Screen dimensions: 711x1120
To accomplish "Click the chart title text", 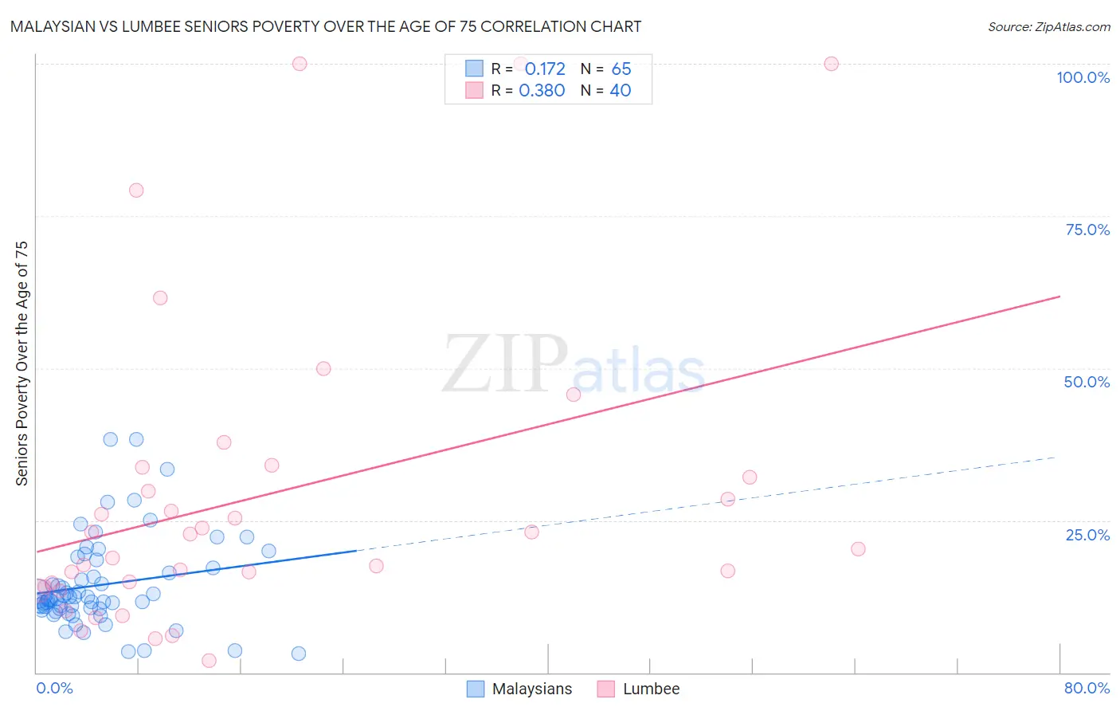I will [326, 26].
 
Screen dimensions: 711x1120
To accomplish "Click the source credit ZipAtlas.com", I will [1048, 26].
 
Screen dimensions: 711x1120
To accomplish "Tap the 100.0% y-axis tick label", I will [1083, 77].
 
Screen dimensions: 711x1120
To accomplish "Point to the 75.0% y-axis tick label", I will [1087, 230].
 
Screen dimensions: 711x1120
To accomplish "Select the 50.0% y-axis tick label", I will [1087, 382].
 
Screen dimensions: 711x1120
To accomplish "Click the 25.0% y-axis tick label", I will [1087, 535].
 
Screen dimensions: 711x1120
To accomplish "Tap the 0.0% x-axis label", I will [54, 688].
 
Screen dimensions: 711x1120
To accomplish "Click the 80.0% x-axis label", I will [1087, 688].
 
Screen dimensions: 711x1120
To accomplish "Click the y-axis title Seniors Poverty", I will [22, 363].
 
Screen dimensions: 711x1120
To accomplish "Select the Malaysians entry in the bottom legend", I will [531, 689].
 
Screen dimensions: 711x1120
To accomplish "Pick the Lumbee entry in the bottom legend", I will [651, 689].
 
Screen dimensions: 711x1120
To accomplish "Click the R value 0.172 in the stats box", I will [545, 69].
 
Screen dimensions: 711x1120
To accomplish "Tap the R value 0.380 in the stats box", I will [542, 91].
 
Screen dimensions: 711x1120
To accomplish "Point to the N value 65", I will [621, 69].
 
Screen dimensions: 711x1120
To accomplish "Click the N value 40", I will [621, 91].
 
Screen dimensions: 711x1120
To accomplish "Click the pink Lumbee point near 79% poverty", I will [136, 191].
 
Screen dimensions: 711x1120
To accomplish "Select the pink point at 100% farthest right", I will [831, 64].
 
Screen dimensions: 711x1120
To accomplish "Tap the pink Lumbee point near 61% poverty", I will [160, 298].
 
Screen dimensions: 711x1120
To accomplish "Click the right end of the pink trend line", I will [1059, 297].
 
